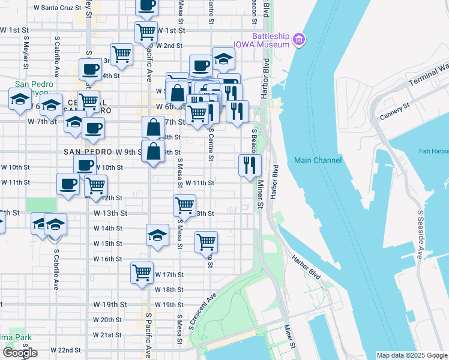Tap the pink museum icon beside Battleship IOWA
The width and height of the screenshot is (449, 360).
click(299, 40)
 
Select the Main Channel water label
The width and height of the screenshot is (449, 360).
click(318, 160)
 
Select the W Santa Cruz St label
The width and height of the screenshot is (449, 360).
click(57, 8)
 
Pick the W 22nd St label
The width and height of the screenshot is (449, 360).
click(65, 350)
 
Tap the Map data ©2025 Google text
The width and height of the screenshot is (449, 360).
click(411, 355)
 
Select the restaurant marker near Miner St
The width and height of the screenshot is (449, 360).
click(250, 165)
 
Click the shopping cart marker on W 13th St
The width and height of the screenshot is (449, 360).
click(184, 206)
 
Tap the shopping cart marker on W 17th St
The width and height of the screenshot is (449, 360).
click(142, 273)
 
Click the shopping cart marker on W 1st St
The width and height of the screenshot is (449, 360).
click(146, 32)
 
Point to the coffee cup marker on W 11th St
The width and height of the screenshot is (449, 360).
click(68, 184)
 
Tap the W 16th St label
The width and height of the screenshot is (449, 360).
click(108, 259)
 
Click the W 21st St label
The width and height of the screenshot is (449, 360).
click(108, 335)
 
